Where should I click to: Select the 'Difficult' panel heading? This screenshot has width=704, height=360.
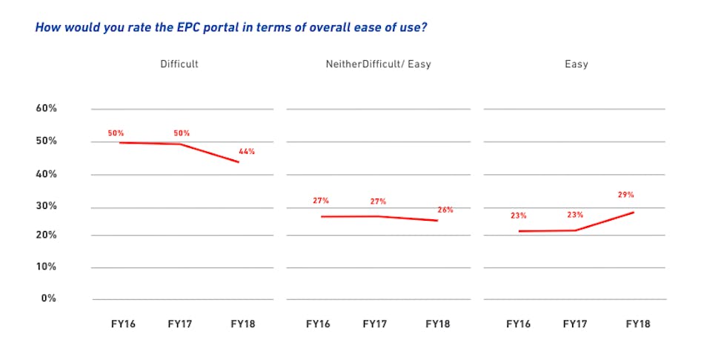click(x=179, y=64)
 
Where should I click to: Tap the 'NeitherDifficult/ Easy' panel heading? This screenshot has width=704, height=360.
click(x=378, y=64)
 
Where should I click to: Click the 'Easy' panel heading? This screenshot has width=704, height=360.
click(x=576, y=64)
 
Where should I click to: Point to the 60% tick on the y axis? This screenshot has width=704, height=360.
click(x=47, y=109)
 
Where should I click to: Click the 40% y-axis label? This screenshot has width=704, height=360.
click(x=47, y=174)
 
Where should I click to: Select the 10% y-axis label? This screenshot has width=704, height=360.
click(x=47, y=267)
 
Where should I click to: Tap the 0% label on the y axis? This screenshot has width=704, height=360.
click(x=49, y=299)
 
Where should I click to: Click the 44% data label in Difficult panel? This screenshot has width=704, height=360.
click(x=247, y=152)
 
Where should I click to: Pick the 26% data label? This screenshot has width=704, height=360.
click(x=445, y=210)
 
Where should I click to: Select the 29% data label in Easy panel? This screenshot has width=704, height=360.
click(x=625, y=196)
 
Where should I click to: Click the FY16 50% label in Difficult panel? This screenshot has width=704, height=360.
click(x=116, y=133)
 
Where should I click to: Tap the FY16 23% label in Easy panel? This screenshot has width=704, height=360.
click(x=518, y=216)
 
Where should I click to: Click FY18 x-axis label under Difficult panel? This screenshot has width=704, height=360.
click(x=243, y=324)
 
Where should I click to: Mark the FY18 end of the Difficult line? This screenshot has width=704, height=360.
click(x=239, y=161)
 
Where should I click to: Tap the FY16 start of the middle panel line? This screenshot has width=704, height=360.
click(x=322, y=216)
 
